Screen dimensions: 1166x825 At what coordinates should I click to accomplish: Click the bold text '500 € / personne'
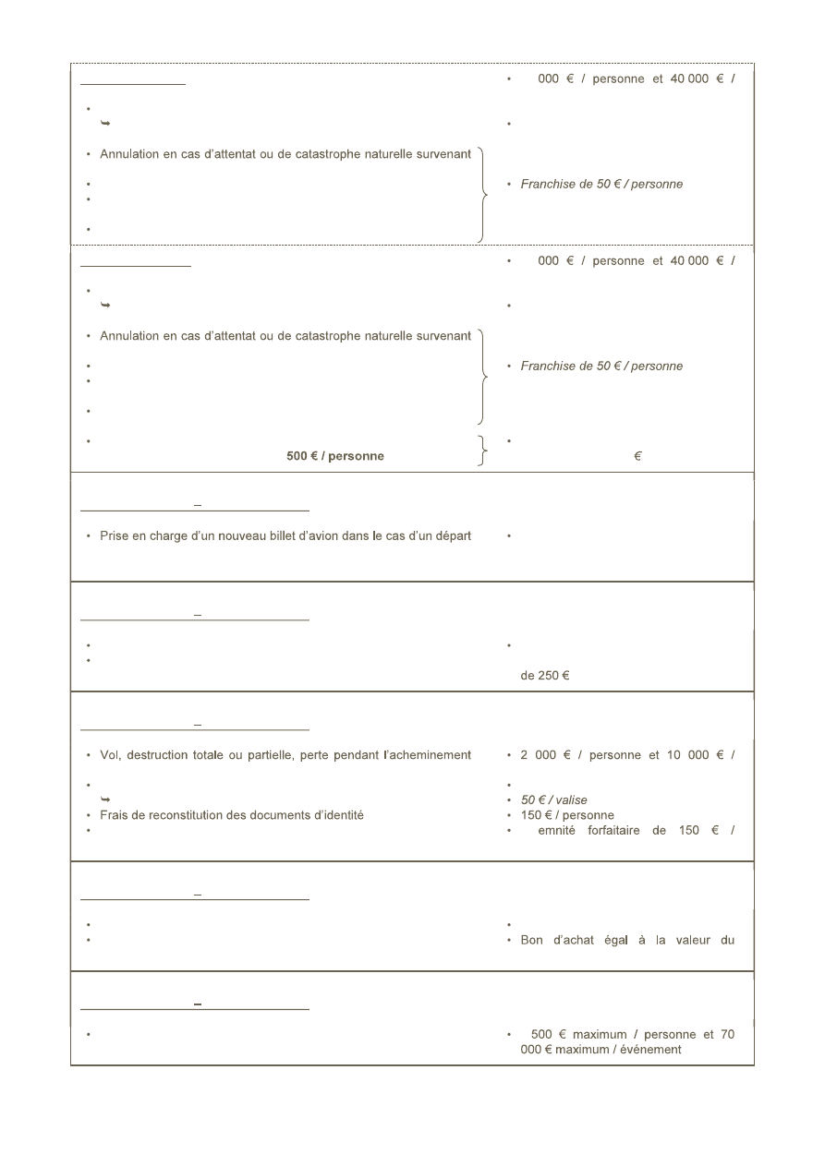(334, 457)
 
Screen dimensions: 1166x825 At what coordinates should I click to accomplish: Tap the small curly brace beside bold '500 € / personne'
(481, 449)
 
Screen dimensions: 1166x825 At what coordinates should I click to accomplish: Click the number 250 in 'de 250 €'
(545, 676)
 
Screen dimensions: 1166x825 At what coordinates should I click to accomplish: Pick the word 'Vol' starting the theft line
(110, 755)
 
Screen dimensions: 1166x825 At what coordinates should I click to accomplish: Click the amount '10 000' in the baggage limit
(685, 755)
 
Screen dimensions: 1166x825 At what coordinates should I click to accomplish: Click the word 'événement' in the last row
(651, 1050)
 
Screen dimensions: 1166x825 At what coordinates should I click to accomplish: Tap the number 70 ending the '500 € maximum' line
(727, 1035)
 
